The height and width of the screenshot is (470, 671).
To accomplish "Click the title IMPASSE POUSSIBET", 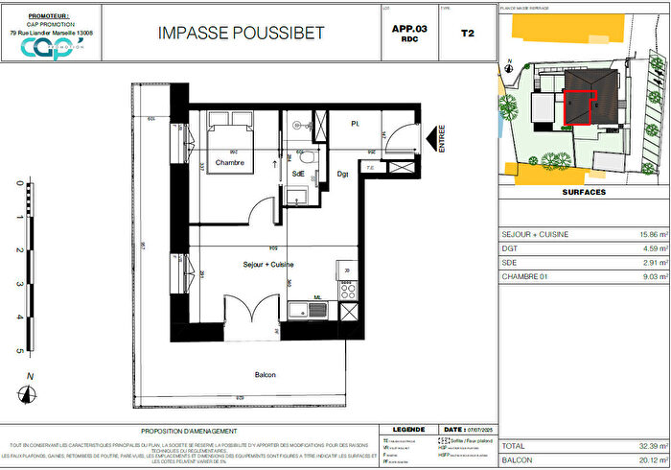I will [241, 33].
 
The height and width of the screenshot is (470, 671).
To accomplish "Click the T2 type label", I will [467, 33].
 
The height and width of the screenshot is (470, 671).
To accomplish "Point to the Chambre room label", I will [229, 162].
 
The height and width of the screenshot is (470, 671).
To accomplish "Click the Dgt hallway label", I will [342, 174].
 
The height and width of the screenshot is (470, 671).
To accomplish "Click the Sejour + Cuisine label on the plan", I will [268, 264].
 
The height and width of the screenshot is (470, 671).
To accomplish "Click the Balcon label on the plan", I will [266, 374].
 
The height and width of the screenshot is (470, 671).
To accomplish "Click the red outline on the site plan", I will [580, 107].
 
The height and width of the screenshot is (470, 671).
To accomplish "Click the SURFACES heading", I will [581, 192].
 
